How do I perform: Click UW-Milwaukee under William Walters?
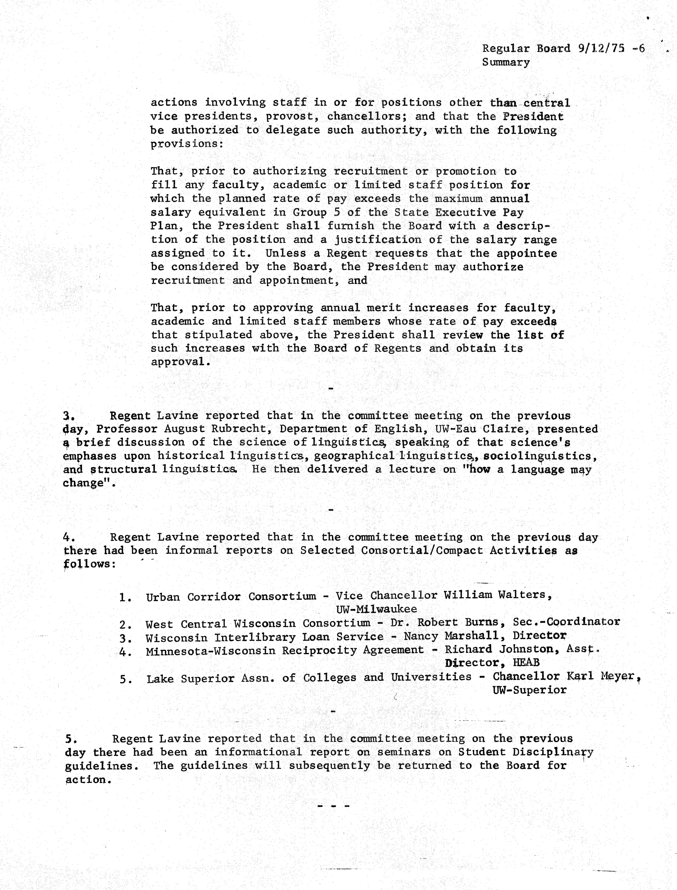376,609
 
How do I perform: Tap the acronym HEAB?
526,663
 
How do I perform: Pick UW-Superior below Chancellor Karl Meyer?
529,690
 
